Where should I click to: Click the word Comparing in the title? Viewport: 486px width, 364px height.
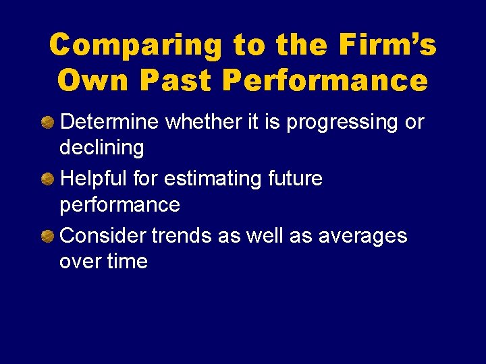point(136,46)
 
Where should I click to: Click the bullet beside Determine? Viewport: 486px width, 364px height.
point(48,123)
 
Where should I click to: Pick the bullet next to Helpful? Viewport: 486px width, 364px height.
point(48,179)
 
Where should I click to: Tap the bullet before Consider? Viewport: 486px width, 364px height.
point(48,236)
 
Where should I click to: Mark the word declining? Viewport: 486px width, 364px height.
point(102,147)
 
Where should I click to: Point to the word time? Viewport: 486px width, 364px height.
point(125,261)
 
